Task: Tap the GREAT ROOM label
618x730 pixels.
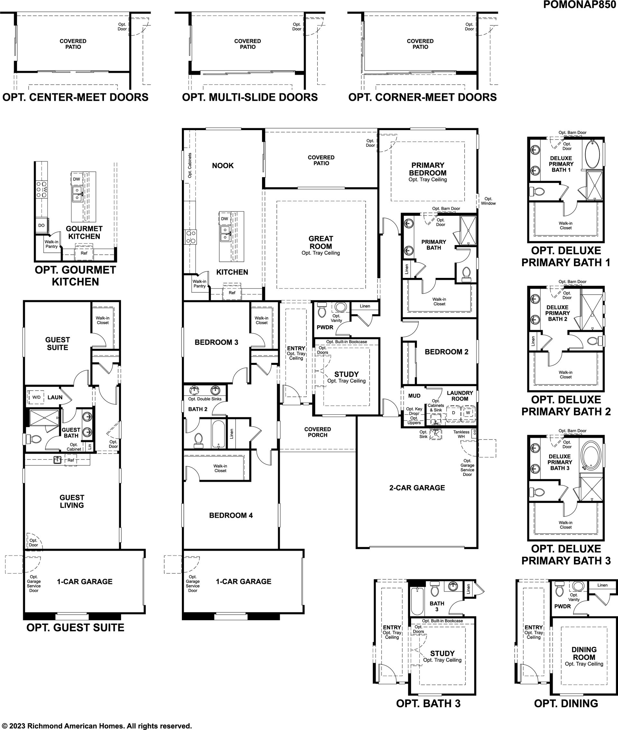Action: pos(321,242)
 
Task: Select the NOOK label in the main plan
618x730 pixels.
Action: pos(223,166)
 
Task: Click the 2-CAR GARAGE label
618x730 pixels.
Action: pos(417,488)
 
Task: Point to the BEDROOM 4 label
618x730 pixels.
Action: pos(231,515)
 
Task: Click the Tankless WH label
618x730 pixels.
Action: pos(461,434)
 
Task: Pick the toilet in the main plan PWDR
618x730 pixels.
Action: pos(322,310)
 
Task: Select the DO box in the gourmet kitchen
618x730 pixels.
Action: pos(41,225)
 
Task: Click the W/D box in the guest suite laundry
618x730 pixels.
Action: pos(36,397)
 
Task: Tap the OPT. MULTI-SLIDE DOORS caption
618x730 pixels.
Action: pos(250,97)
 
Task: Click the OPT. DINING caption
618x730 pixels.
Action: pos(566,703)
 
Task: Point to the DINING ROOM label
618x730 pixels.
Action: pos(584,653)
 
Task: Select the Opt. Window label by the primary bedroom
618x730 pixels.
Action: pos(488,201)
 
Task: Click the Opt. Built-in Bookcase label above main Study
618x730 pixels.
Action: pos(346,342)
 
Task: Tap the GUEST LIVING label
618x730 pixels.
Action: pos(72,501)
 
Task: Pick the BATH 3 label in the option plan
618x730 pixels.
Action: pos(437,606)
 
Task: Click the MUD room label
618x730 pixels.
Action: pos(414,396)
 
